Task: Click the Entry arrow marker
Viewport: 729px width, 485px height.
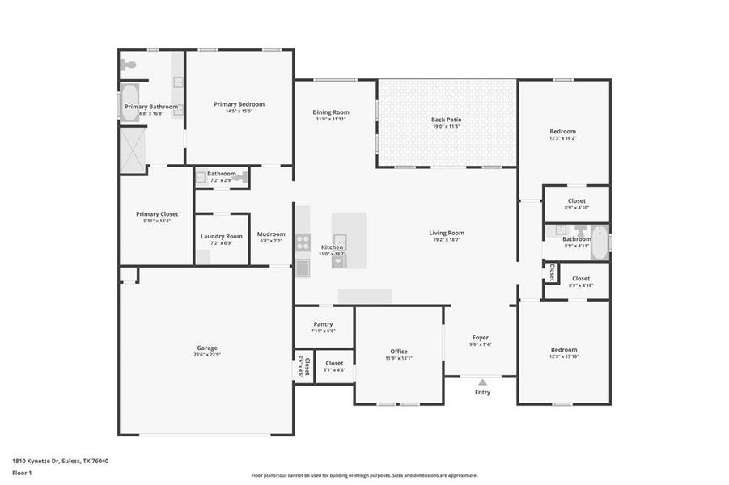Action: tap(482, 382)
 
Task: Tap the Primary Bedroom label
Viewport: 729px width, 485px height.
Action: tap(239, 104)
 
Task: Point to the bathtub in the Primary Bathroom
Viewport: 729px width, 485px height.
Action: tap(130, 103)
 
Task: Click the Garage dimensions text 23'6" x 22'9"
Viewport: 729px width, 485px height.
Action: tap(207, 355)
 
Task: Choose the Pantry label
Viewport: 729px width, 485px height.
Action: tap(323, 323)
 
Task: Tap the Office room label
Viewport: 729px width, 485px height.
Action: tap(399, 351)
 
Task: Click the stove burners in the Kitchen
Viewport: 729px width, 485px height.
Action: tap(302, 239)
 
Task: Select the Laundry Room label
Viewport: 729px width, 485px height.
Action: tap(222, 236)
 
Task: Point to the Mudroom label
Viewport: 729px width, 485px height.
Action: tap(271, 234)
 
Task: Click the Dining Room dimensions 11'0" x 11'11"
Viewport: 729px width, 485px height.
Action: tap(331, 119)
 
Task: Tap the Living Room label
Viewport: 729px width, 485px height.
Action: tap(447, 233)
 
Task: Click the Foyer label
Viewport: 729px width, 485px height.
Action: tap(481, 337)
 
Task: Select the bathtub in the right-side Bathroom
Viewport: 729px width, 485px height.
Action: tap(600, 242)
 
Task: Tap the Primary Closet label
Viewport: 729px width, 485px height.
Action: tap(157, 214)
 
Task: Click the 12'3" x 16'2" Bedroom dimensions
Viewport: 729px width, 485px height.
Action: tap(563, 138)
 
